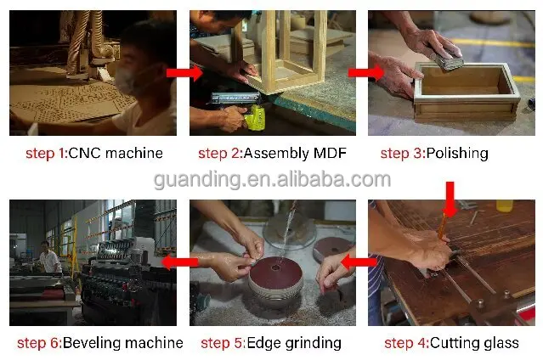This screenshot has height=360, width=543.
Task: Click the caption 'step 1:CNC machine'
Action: click(93, 154)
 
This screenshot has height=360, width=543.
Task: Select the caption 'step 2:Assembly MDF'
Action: click(270, 154)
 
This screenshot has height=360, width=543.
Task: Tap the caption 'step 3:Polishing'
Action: click(433, 154)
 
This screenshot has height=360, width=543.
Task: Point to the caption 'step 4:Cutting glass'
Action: click(451, 343)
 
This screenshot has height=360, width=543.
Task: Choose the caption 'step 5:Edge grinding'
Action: click(270, 343)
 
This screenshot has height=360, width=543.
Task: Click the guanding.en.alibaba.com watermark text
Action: click(271, 179)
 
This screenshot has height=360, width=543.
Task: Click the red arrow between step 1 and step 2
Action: click(182, 73)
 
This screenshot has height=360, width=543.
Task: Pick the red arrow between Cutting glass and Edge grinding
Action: click(361, 262)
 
